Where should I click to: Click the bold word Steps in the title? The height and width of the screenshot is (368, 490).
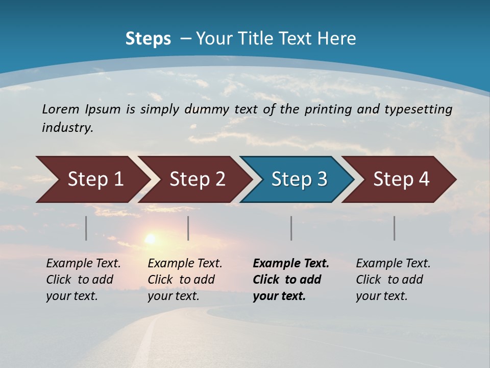[x=148, y=39]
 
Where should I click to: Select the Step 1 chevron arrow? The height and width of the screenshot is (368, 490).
[x=95, y=179]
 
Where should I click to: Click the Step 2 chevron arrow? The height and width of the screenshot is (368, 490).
[x=197, y=179]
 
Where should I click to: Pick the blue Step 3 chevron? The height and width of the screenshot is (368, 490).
[x=299, y=179]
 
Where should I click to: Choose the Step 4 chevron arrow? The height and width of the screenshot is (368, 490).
[x=401, y=179]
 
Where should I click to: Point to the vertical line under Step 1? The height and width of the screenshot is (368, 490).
[x=86, y=228]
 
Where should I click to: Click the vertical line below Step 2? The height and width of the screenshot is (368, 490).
[x=188, y=228]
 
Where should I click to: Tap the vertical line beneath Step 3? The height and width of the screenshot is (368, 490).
[x=291, y=228]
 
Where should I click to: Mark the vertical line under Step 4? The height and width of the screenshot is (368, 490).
[x=394, y=228]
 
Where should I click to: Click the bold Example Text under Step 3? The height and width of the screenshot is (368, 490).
[x=290, y=280]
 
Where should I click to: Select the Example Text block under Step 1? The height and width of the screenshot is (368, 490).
[x=83, y=280]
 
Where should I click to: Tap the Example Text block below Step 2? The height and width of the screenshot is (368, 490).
[x=185, y=280]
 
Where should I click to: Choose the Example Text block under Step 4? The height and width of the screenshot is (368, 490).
[x=393, y=280]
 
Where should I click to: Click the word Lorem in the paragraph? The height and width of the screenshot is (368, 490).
[x=61, y=109]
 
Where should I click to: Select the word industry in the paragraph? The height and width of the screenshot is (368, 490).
[x=67, y=128]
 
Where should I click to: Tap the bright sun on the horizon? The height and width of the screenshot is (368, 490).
[x=150, y=238]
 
